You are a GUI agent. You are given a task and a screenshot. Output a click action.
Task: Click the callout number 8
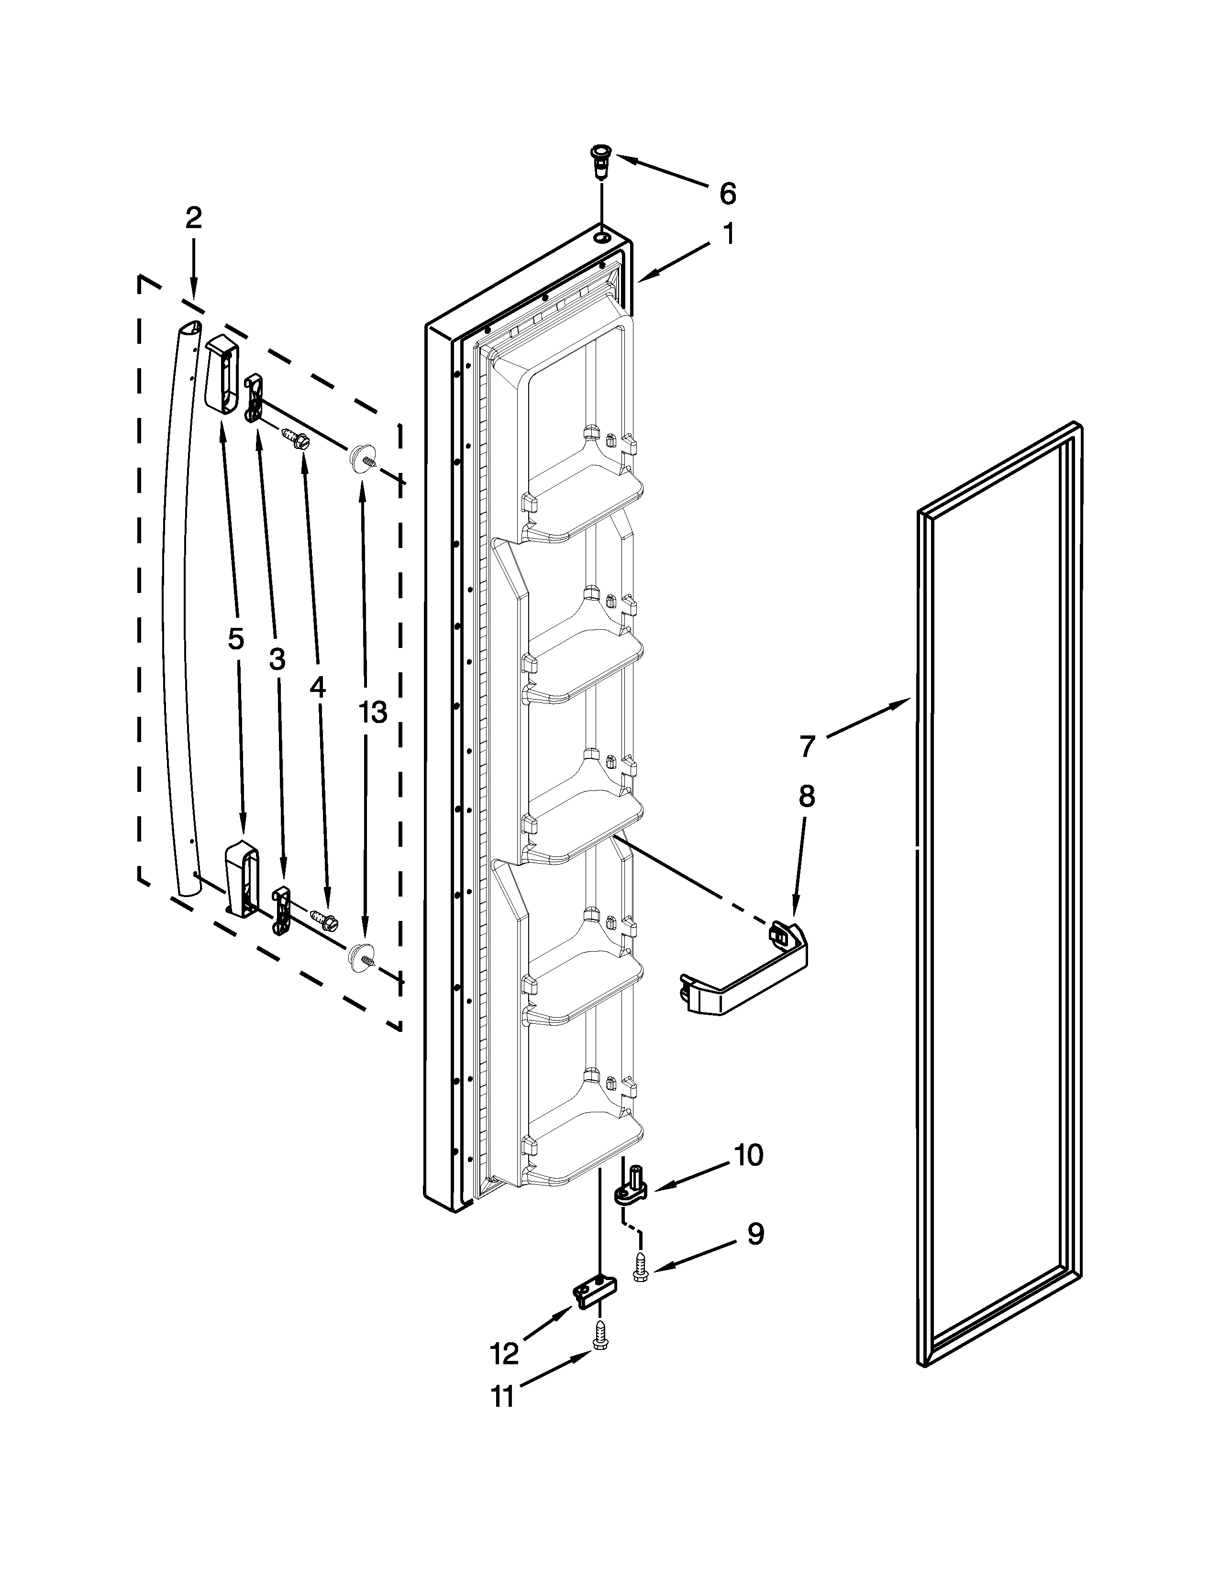807,796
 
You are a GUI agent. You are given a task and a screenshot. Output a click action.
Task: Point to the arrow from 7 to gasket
867,718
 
